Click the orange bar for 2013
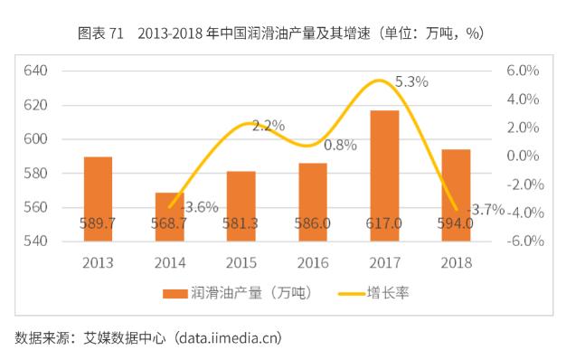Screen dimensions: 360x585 click(x=98, y=199)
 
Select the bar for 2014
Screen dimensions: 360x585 click(x=169, y=217)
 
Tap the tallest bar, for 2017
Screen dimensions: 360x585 click(x=384, y=175)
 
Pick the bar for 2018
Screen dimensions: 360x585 click(x=456, y=194)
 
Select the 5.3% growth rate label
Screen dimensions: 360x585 click(x=411, y=81)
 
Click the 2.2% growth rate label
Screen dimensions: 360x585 click(x=269, y=126)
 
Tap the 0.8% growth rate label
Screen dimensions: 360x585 click(x=340, y=145)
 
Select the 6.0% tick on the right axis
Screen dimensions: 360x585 click(x=523, y=71)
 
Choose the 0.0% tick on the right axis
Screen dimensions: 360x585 click(x=523, y=156)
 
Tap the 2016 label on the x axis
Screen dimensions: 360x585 click(x=312, y=263)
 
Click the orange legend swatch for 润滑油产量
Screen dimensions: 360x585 click(x=175, y=294)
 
